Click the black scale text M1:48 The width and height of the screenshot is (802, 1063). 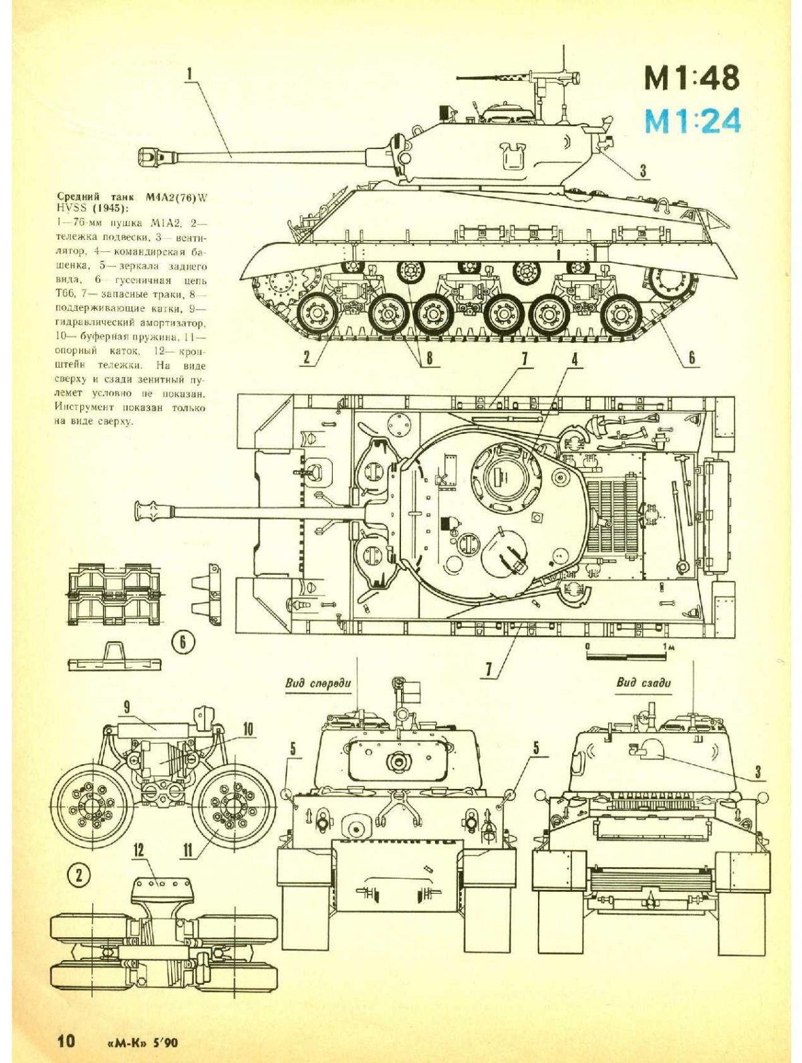tap(692, 78)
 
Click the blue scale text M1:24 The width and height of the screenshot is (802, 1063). tap(692, 121)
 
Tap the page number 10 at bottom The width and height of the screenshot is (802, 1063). tap(66, 1041)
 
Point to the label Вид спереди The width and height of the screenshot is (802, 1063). tap(317, 683)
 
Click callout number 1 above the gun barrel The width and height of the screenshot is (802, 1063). tap(190, 72)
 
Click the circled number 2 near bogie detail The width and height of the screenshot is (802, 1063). tap(79, 874)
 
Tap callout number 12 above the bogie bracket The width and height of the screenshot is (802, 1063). tap(138, 850)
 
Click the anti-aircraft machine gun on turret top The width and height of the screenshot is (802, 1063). tap(535, 79)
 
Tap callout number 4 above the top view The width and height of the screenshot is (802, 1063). tap(573, 360)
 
